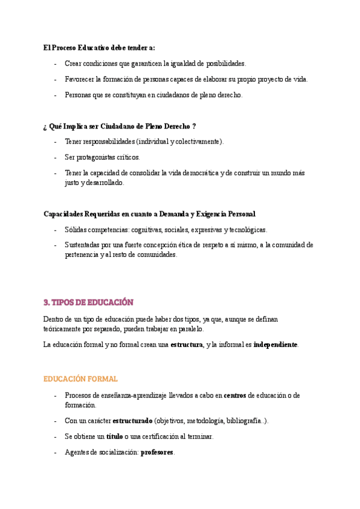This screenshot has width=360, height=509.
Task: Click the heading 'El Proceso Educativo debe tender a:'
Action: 100,47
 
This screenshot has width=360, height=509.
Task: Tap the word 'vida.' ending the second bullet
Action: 299,79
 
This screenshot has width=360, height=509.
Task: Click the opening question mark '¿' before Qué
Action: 45,126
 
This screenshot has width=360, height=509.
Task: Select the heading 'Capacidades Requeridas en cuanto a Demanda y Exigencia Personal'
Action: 149,214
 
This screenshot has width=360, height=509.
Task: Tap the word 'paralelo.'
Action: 187,329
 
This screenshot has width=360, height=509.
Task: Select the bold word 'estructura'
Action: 187,345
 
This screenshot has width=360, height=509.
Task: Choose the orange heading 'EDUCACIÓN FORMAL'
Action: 80,379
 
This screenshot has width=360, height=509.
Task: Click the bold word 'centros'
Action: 235,395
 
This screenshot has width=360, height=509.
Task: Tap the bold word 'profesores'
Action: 157,452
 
